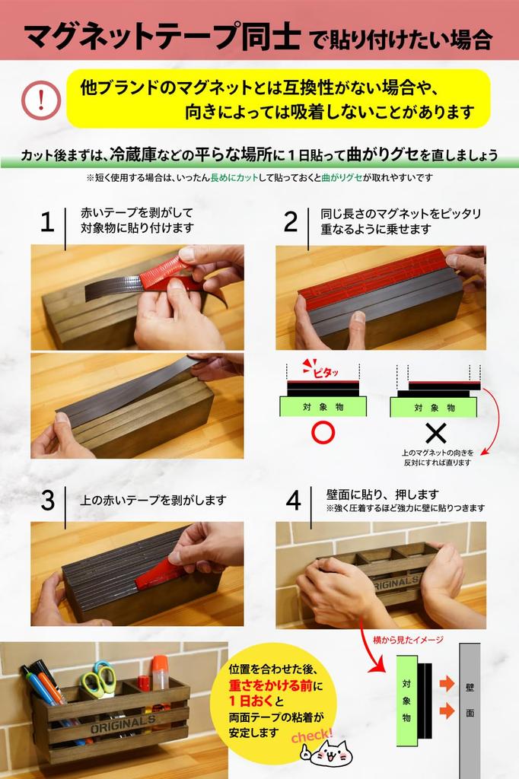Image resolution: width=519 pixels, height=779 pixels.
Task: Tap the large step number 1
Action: point(47,222)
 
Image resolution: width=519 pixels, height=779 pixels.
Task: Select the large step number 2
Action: point(291,222)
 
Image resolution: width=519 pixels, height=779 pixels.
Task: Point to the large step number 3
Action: point(47,500)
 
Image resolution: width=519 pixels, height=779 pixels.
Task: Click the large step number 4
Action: point(293,500)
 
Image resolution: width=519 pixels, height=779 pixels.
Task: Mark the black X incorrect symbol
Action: point(435,434)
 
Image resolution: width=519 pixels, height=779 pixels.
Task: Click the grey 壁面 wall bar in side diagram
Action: point(470,704)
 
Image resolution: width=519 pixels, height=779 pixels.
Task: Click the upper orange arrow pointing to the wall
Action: point(446,683)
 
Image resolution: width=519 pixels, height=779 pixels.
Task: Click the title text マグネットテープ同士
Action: point(161,34)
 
